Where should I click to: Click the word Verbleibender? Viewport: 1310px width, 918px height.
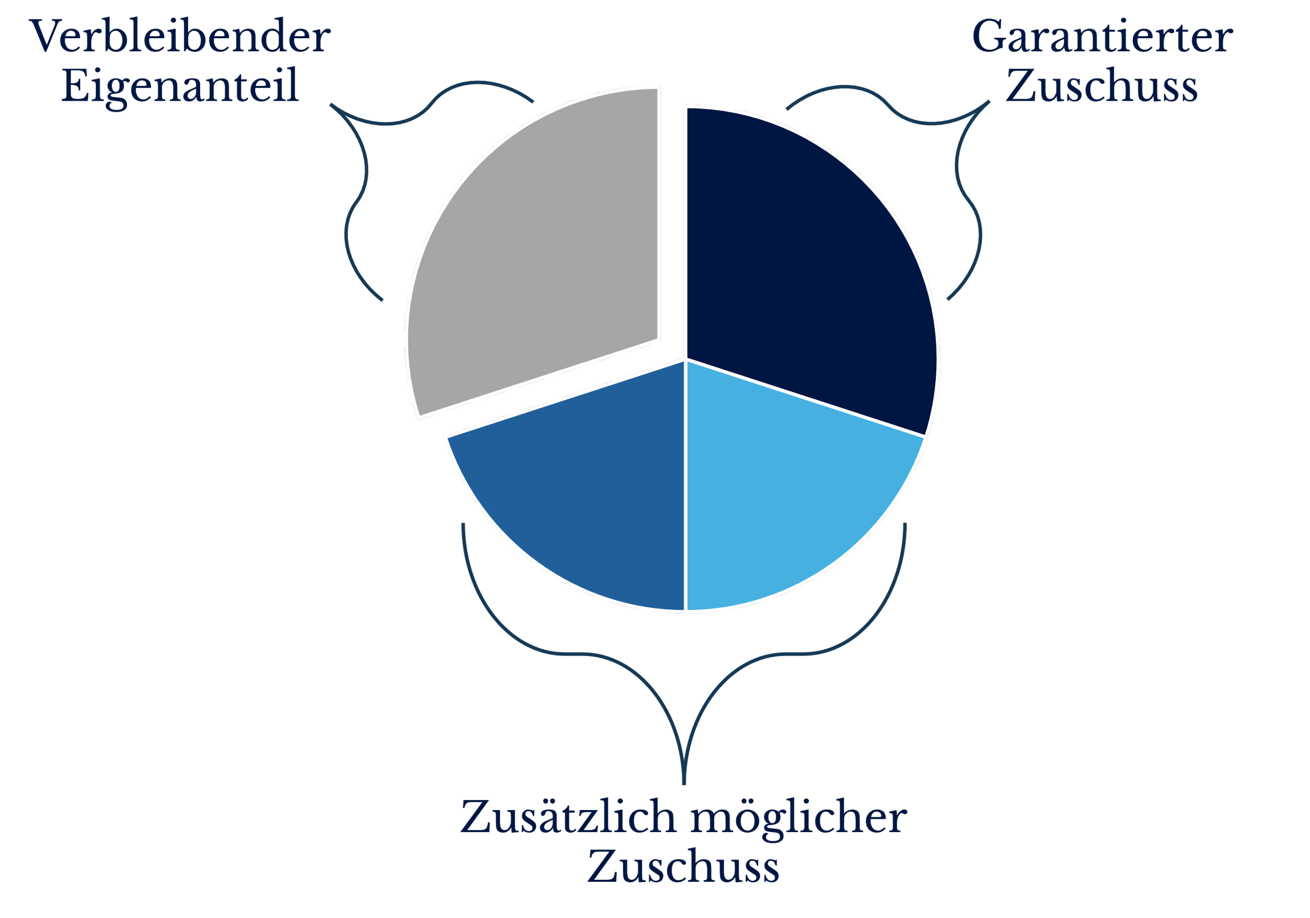click(x=180, y=38)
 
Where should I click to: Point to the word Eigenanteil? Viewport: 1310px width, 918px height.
click(x=180, y=87)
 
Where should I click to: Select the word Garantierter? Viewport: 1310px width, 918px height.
click(x=1102, y=38)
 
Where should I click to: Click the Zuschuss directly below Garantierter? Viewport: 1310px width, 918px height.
click(x=1102, y=87)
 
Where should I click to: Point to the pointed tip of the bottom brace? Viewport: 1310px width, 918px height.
click(x=684, y=783)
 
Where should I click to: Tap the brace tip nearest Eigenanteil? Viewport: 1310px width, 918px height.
click(x=331, y=105)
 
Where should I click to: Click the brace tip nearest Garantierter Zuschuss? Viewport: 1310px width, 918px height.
click(x=989, y=102)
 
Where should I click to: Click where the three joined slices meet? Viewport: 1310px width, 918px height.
click(x=685, y=360)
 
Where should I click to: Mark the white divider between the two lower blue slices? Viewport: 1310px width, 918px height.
click(x=685, y=485)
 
